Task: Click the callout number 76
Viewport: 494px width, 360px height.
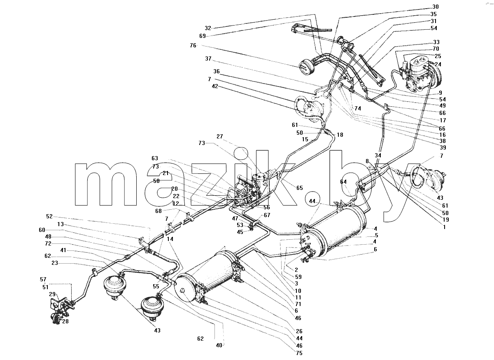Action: pos(193,45)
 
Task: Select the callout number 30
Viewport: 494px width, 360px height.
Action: pos(436,7)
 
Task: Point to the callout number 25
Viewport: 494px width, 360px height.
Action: pos(438,56)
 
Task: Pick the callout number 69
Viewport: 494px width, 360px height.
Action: pos(203,36)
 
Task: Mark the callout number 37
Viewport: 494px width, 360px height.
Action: pos(208,58)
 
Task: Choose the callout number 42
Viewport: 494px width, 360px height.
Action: pos(215,86)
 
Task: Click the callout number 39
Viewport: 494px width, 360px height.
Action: pos(443,147)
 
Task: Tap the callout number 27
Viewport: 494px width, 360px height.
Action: pos(220,136)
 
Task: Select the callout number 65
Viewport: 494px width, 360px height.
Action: pos(300,188)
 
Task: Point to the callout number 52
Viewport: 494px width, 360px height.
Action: pos(49,216)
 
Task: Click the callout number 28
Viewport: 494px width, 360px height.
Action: pos(65,321)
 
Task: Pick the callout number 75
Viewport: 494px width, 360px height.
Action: pos(299,353)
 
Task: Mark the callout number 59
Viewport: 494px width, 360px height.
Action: pos(298,277)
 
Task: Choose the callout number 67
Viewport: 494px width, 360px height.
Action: pos(267,215)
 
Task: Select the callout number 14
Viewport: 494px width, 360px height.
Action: pos(170,239)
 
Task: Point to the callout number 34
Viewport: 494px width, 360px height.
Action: pos(378,155)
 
